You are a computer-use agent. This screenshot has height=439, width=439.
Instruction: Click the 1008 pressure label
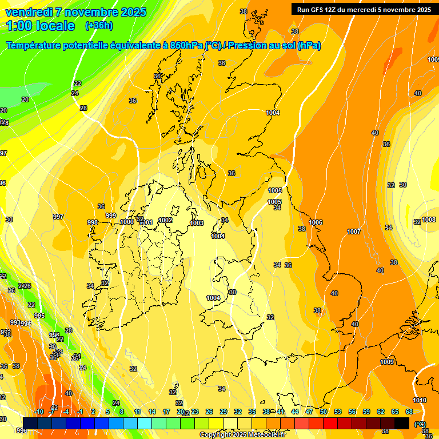429,219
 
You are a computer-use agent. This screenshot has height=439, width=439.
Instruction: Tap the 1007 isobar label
354,232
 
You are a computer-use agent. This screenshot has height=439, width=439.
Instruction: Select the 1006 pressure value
316,222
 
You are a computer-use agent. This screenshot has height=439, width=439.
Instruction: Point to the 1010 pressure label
420,400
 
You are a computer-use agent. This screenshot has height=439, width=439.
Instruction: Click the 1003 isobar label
197,223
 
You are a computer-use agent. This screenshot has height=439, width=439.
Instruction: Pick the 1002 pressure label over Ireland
166,220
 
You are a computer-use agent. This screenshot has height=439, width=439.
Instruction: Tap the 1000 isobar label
127,222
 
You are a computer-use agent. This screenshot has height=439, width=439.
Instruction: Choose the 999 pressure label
111,215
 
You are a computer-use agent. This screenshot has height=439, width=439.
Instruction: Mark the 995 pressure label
39,316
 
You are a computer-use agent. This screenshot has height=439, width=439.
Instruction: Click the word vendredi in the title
29,12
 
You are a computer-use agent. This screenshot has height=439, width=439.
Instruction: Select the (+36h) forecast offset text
98,26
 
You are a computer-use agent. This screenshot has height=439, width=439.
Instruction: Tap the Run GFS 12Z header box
364,9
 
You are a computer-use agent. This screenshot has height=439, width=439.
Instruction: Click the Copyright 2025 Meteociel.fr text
242,435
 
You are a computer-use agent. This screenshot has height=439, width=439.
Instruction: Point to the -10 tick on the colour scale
39,412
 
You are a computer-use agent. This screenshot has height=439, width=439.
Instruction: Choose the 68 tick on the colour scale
409,412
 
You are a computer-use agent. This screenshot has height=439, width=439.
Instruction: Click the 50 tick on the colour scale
324,412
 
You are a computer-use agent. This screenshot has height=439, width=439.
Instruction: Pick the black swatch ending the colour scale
402,423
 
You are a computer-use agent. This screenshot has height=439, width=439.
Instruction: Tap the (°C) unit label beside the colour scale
420,424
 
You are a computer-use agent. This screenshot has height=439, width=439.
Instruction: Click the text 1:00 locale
41,26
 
